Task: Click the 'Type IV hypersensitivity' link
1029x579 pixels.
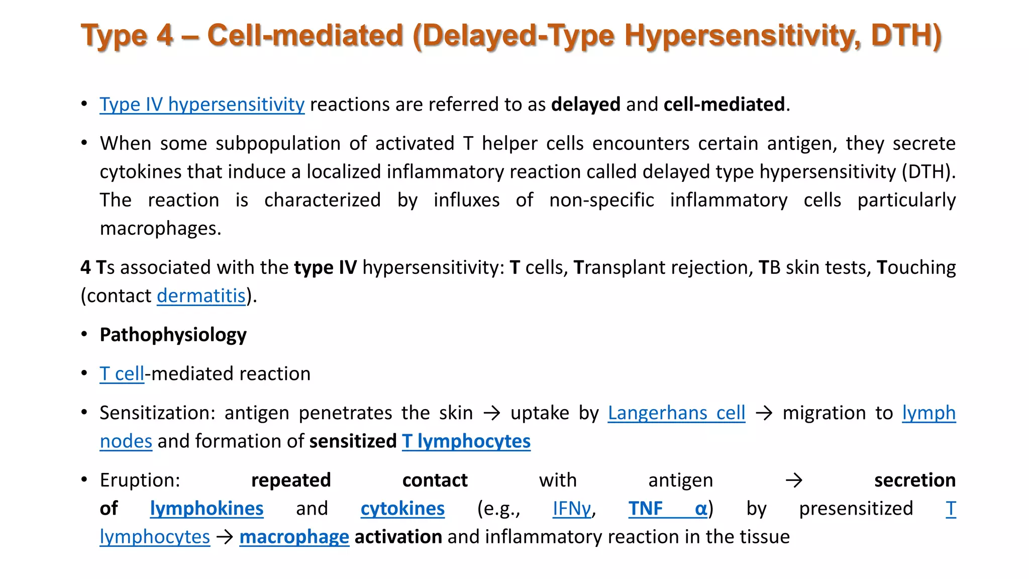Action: [201, 105]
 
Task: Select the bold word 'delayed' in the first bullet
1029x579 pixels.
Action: [585, 105]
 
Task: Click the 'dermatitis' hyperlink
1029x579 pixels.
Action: [201, 296]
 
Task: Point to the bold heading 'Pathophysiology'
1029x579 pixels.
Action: [173, 335]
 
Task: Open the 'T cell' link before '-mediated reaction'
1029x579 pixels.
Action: [122, 374]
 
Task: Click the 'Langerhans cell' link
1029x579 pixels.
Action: [676, 413]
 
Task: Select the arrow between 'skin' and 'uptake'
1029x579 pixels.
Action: [492, 413]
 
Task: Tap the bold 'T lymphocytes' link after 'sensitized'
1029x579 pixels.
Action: [466, 441]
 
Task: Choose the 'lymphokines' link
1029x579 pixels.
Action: [207, 509]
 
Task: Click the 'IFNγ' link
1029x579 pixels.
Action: [572, 509]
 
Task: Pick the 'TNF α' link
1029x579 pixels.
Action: [668, 509]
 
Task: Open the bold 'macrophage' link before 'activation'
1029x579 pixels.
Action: [294, 537]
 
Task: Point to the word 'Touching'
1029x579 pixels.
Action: [916, 267]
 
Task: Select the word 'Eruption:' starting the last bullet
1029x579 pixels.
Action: [140, 480]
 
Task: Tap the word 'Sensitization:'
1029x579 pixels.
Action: [157, 413]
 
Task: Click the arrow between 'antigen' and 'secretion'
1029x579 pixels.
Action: [794, 480]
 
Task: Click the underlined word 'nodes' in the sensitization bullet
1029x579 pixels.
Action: [126, 441]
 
